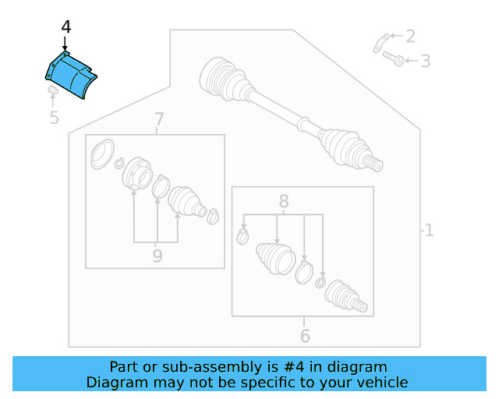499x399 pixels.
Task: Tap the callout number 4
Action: point(65,28)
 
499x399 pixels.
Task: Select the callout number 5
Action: point(54,118)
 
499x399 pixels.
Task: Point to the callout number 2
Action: point(410,36)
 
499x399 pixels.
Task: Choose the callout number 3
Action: point(425,61)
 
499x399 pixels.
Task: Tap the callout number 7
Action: point(159,120)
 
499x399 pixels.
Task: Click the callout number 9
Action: point(157,256)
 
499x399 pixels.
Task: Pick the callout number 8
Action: point(284,200)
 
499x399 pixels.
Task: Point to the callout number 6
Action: point(305,336)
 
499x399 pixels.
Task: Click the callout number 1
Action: point(428,230)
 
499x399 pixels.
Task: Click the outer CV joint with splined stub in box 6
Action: point(344,295)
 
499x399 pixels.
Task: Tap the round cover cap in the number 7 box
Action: point(101,154)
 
